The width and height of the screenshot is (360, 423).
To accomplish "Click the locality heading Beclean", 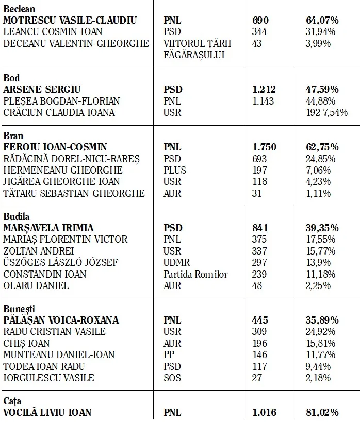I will click(20, 9).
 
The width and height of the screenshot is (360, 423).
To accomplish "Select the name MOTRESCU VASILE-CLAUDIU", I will click(70, 21).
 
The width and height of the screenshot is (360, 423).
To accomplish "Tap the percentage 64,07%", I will click(322, 21).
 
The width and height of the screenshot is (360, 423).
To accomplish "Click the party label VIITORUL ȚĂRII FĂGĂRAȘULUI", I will click(197, 49).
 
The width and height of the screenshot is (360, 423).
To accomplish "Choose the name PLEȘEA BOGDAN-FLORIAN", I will click(61, 101).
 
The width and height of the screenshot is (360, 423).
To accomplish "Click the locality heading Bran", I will click(13, 136).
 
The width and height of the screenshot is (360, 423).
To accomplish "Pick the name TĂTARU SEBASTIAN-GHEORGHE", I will click(74, 193).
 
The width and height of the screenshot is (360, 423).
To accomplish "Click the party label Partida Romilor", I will click(195, 274).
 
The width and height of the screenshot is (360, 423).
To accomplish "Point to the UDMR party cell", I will click(176, 262).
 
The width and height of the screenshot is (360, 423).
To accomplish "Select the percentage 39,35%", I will click(322, 228).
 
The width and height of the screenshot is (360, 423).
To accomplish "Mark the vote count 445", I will click(260, 320).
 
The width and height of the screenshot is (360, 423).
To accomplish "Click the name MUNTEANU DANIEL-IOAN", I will click(59, 354).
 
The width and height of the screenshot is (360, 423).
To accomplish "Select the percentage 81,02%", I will click(322, 412).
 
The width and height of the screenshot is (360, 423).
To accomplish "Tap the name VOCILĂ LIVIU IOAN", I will click(47, 412).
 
